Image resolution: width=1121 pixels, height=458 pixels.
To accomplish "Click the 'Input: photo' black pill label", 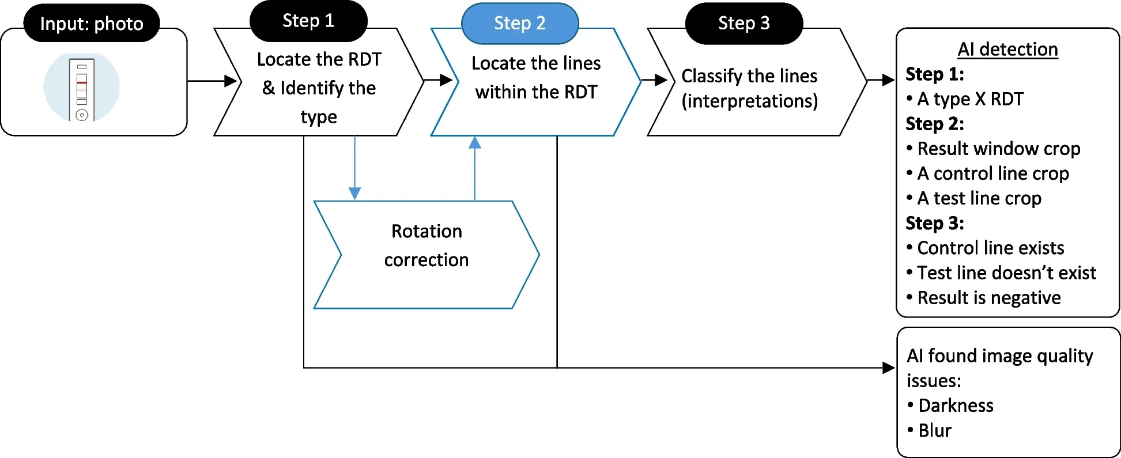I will click(91, 24).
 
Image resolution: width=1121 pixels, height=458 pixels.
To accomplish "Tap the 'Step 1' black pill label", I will click(308, 21).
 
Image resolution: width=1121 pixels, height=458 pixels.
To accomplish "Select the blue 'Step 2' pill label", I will click(519, 23).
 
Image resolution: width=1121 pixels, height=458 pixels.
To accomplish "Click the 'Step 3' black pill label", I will click(743, 23).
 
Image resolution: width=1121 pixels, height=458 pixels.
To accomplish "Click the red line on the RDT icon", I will click(82, 82).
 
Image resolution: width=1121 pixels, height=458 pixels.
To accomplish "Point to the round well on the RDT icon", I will click(82, 115).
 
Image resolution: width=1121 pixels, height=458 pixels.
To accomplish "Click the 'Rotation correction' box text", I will click(426, 246).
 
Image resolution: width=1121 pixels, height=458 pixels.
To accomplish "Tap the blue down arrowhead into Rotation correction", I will click(355, 193).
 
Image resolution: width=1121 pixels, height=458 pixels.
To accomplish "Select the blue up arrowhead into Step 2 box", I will click(474, 143).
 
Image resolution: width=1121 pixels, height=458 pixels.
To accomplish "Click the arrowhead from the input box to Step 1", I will click(231, 81).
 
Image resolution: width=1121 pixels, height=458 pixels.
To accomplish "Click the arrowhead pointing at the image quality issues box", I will click(888, 368).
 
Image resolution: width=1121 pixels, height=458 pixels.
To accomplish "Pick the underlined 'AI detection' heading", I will click(1007, 50).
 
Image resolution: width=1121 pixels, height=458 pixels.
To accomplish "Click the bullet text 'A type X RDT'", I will click(970, 99).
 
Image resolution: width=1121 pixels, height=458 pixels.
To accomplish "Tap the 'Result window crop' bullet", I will click(998, 149).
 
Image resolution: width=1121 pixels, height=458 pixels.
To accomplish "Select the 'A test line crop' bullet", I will click(979, 198).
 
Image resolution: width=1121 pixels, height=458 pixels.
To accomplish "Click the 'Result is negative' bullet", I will click(988, 298).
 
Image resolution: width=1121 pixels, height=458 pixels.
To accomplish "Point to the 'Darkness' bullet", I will click(956, 406).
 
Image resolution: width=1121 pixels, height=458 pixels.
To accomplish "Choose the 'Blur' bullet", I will click(934, 430).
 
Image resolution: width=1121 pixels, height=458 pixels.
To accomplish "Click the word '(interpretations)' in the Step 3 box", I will click(749, 101).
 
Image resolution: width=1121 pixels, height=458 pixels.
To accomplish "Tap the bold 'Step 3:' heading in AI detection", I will click(934, 223).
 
